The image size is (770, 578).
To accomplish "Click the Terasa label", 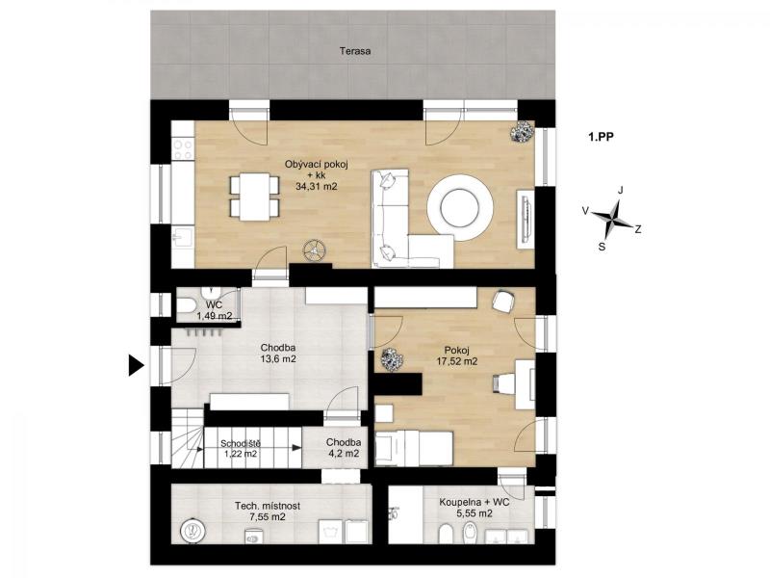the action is (355, 51).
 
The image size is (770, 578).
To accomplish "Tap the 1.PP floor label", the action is (601, 137).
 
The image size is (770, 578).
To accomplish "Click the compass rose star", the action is (612, 218).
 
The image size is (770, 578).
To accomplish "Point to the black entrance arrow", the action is (136, 365).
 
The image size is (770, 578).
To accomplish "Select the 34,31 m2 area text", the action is (317, 186).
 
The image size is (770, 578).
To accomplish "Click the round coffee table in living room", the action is (460, 207).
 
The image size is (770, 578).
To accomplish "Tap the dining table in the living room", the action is (254, 197).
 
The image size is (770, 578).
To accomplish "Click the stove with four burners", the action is (183, 149).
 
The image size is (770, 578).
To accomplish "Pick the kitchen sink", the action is (182, 237).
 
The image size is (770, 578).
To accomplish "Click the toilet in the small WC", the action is (186, 305).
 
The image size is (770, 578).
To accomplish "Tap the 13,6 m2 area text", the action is (278, 358).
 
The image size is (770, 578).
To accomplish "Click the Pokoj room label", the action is (456, 351).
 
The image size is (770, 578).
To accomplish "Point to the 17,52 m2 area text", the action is (456, 362).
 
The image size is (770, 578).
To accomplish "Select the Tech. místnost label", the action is (268, 506).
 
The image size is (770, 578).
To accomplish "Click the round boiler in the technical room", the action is (192, 531).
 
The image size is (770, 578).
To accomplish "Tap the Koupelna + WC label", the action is (474, 502).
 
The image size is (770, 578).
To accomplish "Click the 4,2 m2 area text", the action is (344, 454).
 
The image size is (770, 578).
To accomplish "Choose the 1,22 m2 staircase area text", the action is (240, 454).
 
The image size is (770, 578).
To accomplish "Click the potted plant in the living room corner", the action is (522, 131).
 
